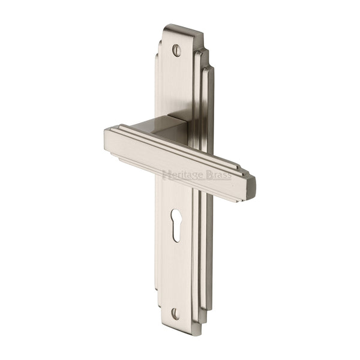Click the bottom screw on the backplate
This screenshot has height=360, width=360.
pyautogui.click(x=175, y=313)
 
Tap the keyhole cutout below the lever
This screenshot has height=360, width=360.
pyautogui.click(x=176, y=225)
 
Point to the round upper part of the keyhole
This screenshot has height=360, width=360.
pyautogui.click(x=176, y=216)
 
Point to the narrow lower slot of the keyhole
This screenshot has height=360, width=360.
pyautogui.click(x=176, y=233)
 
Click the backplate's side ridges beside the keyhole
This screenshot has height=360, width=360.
pyautogui.click(x=203, y=240)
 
